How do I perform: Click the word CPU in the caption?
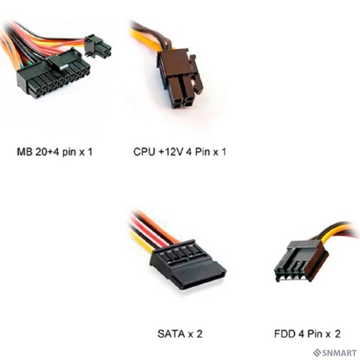point(143,152)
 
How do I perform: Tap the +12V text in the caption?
point(169,152)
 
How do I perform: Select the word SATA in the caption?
point(170,334)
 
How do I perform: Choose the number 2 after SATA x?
point(200,334)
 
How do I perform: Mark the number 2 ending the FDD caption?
point(337,334)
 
